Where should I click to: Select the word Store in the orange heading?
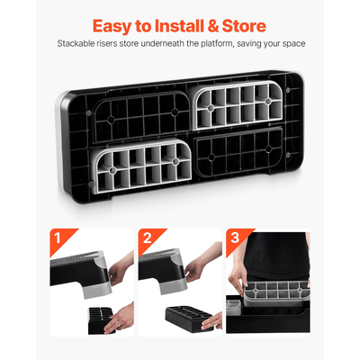point(244,26)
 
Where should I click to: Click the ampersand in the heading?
point(213,26)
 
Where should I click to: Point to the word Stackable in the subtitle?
point(76,43)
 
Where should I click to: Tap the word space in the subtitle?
point(293,44)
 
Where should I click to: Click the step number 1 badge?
point(58,238)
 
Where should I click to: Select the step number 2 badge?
point(147,238)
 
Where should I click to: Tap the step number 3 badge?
point(235,238)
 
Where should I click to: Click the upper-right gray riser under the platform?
point(237,105)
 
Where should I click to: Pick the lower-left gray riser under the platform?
point(141,165)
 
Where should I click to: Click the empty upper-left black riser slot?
point(141,118)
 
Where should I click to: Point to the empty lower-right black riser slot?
point(239,152)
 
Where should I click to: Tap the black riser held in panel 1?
point(100,320)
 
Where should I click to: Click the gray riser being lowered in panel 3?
point(276,294)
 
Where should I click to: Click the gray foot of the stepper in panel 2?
point(174,287)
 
